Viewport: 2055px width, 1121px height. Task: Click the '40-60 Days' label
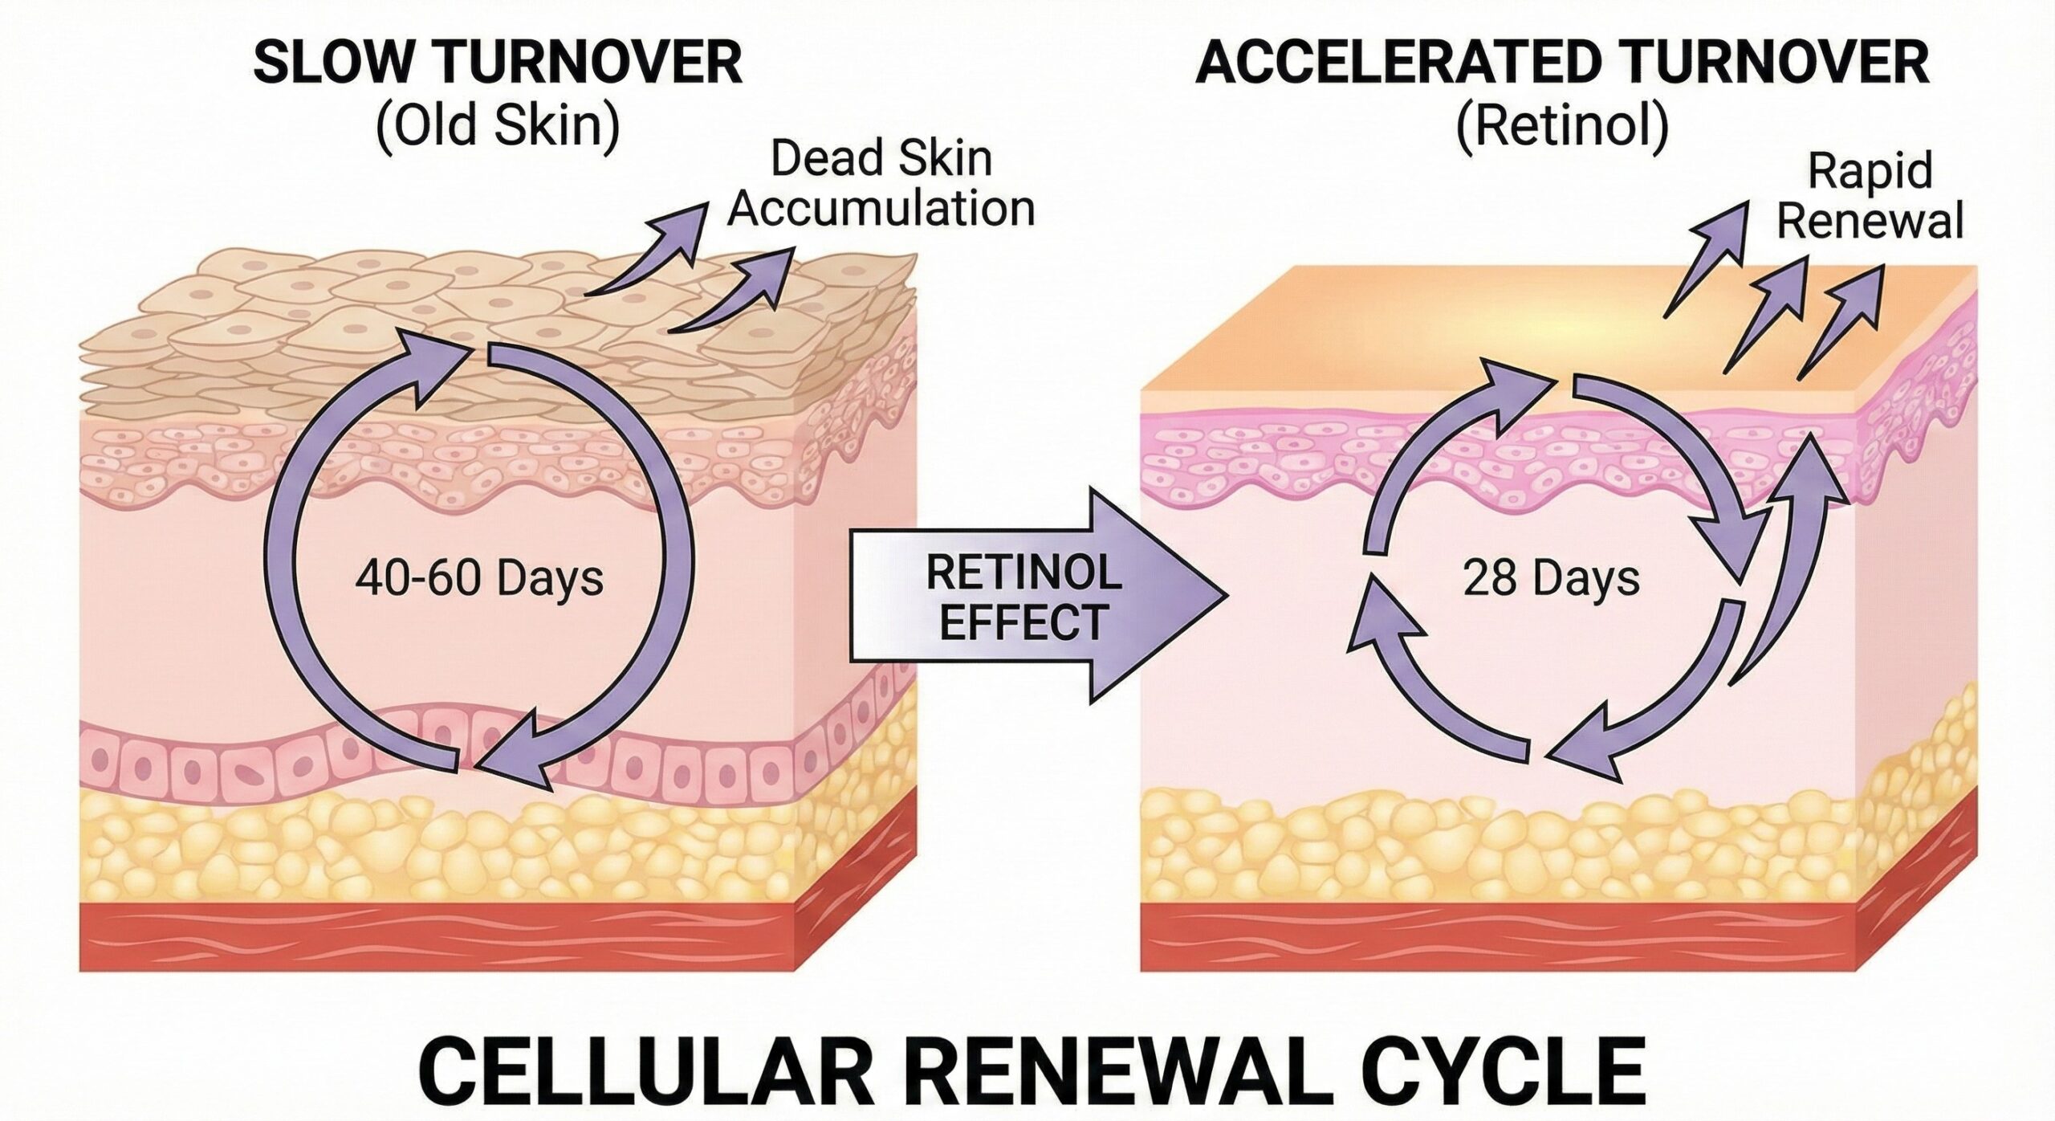click(479, 578)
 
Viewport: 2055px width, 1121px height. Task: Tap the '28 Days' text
click(1551, 578)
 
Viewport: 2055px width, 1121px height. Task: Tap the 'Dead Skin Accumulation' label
click(881, 185)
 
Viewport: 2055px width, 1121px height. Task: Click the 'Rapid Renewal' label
click(1870, 198)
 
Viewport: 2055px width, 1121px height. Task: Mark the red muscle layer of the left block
click(433, 935)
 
